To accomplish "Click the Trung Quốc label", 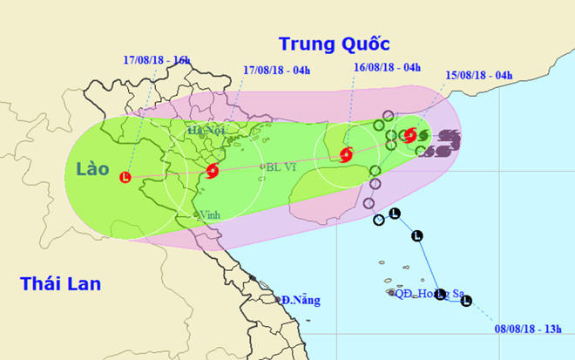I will tap(334, 44).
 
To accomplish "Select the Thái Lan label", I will tap(62, 283).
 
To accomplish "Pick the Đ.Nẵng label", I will tap(300, 301).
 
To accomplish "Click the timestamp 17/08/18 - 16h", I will tap(156, 60).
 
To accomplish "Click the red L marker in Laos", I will tap(125, 177).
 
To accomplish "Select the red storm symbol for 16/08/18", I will tap(345, 156).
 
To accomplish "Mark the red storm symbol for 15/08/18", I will tap(410, 135).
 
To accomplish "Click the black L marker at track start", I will tap(466, 302).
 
